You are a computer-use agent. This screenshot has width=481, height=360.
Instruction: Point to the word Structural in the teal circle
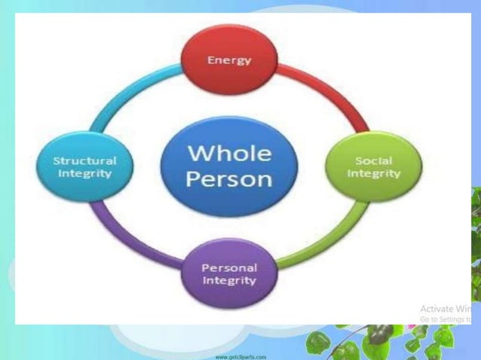point(84,161)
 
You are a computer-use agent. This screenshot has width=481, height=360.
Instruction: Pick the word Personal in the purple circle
point(229,267)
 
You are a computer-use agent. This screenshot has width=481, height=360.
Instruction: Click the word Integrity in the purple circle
point(229,280)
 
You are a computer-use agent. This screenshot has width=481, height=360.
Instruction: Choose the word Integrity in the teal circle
point(84,173)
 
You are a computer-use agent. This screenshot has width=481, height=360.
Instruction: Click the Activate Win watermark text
point(446,309)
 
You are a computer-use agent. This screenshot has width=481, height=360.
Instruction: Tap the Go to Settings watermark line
point(446,319)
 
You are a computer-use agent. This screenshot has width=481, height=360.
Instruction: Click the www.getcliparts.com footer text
point(240,355)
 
